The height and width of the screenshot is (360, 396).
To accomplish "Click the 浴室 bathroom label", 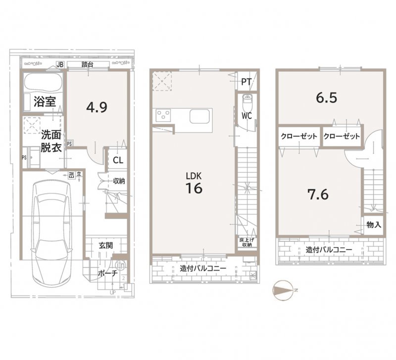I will tap(44, 103).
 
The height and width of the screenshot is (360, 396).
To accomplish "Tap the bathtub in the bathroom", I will tap(42, 82).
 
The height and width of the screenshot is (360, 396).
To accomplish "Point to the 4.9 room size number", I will tap(97, 107).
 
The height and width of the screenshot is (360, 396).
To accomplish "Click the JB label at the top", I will tap(60, 64).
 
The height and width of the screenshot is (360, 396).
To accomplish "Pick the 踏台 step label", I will tap(89, 64).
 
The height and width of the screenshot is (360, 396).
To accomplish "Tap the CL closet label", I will tap(118, 160).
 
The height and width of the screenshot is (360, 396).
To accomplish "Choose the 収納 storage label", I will tap(119, 181).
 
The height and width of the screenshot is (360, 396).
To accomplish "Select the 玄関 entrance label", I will tap(104, 246).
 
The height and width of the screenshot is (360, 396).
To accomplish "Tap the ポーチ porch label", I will tap(107, 273).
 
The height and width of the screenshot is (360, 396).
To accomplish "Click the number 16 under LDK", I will tap(194, 189).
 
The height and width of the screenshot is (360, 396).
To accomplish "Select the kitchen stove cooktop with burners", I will tap(163, 116).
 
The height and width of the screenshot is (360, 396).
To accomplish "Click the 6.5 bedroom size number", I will tap(327, 98).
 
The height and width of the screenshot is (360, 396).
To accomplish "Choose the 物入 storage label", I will tap(374, 224).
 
